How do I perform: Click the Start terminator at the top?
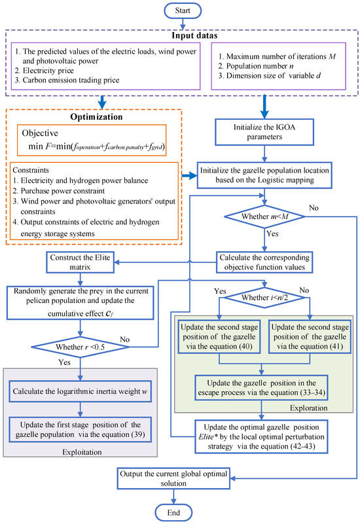180,12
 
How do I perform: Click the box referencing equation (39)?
81,428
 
